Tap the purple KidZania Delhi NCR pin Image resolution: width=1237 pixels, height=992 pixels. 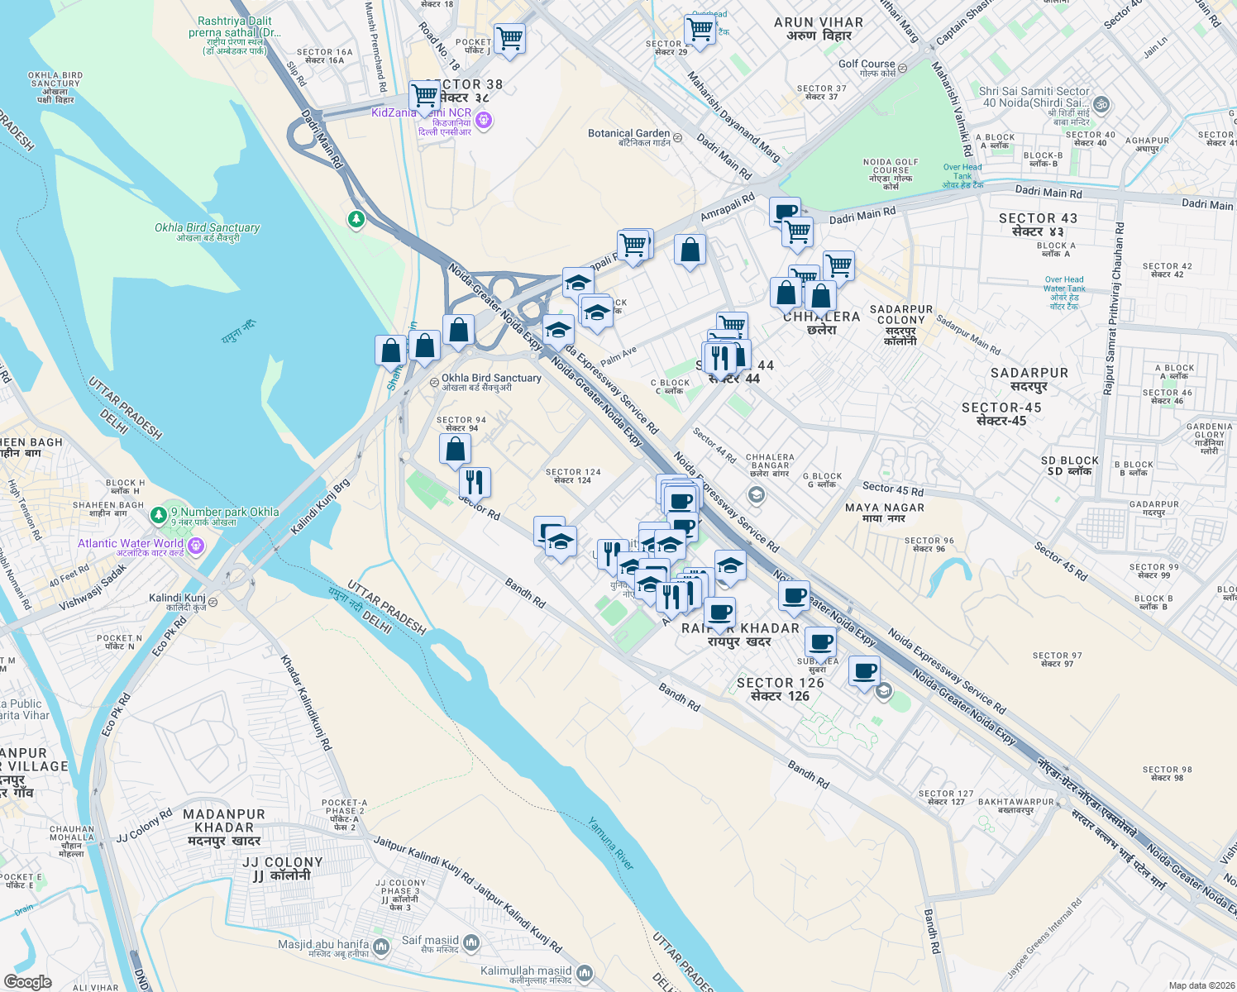tap(485, 122)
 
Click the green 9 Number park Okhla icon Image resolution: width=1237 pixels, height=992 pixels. tap(159, 515)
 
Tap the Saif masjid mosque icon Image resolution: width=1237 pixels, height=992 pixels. tap(471, 942)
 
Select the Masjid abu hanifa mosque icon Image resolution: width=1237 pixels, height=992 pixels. tap(381, 946)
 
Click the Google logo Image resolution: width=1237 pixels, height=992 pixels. tap(27, 982)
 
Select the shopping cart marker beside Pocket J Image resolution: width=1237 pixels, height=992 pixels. tap(509, 38)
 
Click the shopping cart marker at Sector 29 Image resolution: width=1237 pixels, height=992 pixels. tap(700, 29)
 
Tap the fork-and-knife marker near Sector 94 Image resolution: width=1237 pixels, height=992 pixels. tap(475, 481)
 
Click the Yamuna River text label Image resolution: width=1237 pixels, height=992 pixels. tap(611, 843)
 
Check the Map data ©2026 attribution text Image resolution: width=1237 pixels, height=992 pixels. tap(1201, 985)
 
